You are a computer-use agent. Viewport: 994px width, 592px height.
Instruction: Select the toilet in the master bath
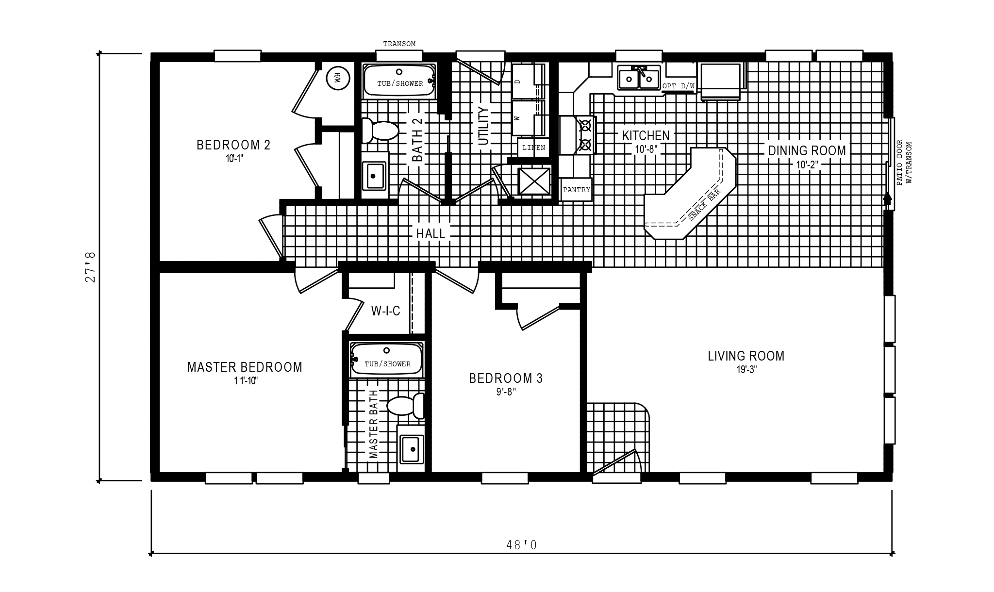pyautogui.click(x=406, y=406)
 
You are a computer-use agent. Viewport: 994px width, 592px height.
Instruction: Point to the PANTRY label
pyautogui.click(x=577, y=190)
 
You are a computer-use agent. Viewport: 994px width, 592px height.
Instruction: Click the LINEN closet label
pyautogui.click(x=533, y=148)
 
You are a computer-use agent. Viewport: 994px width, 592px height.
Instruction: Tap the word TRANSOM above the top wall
pyautogui.click(x=399, y=44)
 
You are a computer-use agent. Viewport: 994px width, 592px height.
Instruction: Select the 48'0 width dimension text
pyautogui.click(x=522, y=545)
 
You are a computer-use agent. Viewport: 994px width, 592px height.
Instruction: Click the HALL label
pyautogui.click(x=431, y=233)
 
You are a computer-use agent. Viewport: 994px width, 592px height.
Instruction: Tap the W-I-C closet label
pyautogui.click(x=386, y=311)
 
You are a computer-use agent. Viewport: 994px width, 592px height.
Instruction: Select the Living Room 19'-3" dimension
pyautogui.click(x=746, y=369)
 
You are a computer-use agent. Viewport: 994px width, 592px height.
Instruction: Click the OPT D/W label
pyautogui.click(x=679, y=86)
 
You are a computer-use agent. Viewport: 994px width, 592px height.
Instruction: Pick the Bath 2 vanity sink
pyautogui.click(x=375, y=175)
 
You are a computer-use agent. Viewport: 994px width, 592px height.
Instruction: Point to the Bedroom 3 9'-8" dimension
pyautogui.click(x=506, y=392)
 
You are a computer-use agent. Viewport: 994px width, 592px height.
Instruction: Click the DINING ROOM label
pyautogui.click(x=807, y=150)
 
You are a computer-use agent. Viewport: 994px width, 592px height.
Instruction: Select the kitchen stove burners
pyautogui.click(x=586, y=134)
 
